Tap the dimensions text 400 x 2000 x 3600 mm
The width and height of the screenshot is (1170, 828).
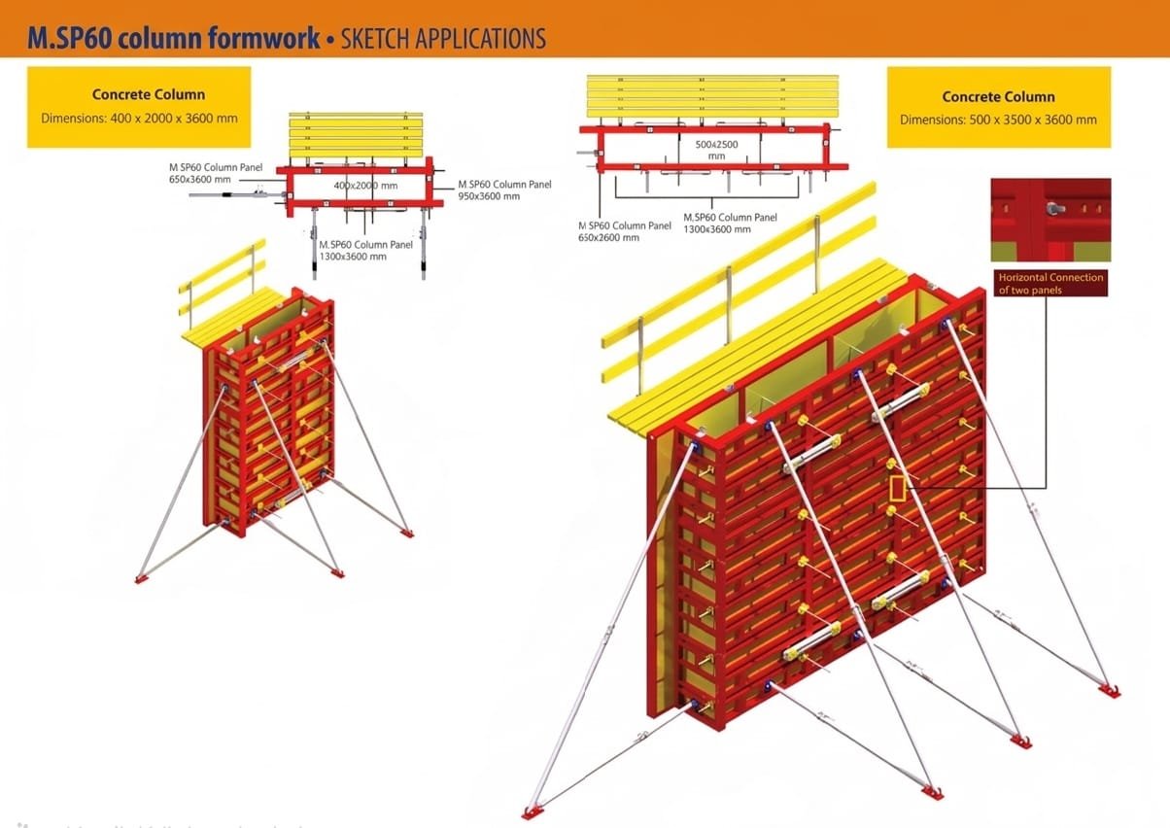tap(139, 119)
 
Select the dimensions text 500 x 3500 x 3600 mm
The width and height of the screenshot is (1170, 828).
tap(998, 121)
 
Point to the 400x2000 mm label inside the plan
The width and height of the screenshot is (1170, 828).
tap(365, 186)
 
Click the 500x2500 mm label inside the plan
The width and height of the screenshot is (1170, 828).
tap(716, 149)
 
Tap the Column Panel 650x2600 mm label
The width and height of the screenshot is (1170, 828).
tap(624, 231)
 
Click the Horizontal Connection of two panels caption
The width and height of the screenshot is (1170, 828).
tap(1050, 283)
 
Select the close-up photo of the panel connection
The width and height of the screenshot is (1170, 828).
tap(1050, 220)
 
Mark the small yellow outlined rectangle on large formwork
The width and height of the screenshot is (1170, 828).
tap(897, 488)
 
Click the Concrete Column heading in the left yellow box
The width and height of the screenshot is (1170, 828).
tap(149, 94)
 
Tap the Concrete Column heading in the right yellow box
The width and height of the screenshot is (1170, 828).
tap(998, 96)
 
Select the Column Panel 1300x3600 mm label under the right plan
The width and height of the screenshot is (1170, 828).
tap(730, 223)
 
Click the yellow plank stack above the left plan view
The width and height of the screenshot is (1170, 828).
tap(356, 134)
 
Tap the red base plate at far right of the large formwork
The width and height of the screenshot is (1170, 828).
tap(1109, 690)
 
